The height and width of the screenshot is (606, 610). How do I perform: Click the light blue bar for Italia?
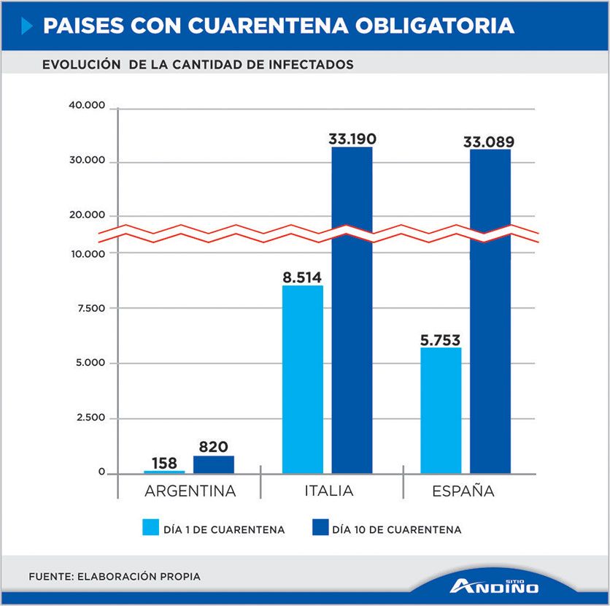tap(302, 379)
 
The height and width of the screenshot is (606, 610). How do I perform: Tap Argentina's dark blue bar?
tap(214, 465)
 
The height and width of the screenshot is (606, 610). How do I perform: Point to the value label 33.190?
tap(352, 139)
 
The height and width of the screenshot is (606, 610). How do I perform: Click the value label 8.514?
tap(302, 277)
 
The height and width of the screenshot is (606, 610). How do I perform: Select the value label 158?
tap(165, 463)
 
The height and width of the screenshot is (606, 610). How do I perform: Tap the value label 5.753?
tap(441, 340)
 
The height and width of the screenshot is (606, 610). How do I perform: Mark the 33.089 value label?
tap(489, 142)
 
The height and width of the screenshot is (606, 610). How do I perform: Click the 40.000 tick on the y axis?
tap(88, 106)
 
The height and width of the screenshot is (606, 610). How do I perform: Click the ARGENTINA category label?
tap(190, 491)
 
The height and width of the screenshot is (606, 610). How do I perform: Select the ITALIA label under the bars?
tap(328, 491)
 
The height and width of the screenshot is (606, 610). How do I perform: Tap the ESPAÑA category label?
tap(463, 491)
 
